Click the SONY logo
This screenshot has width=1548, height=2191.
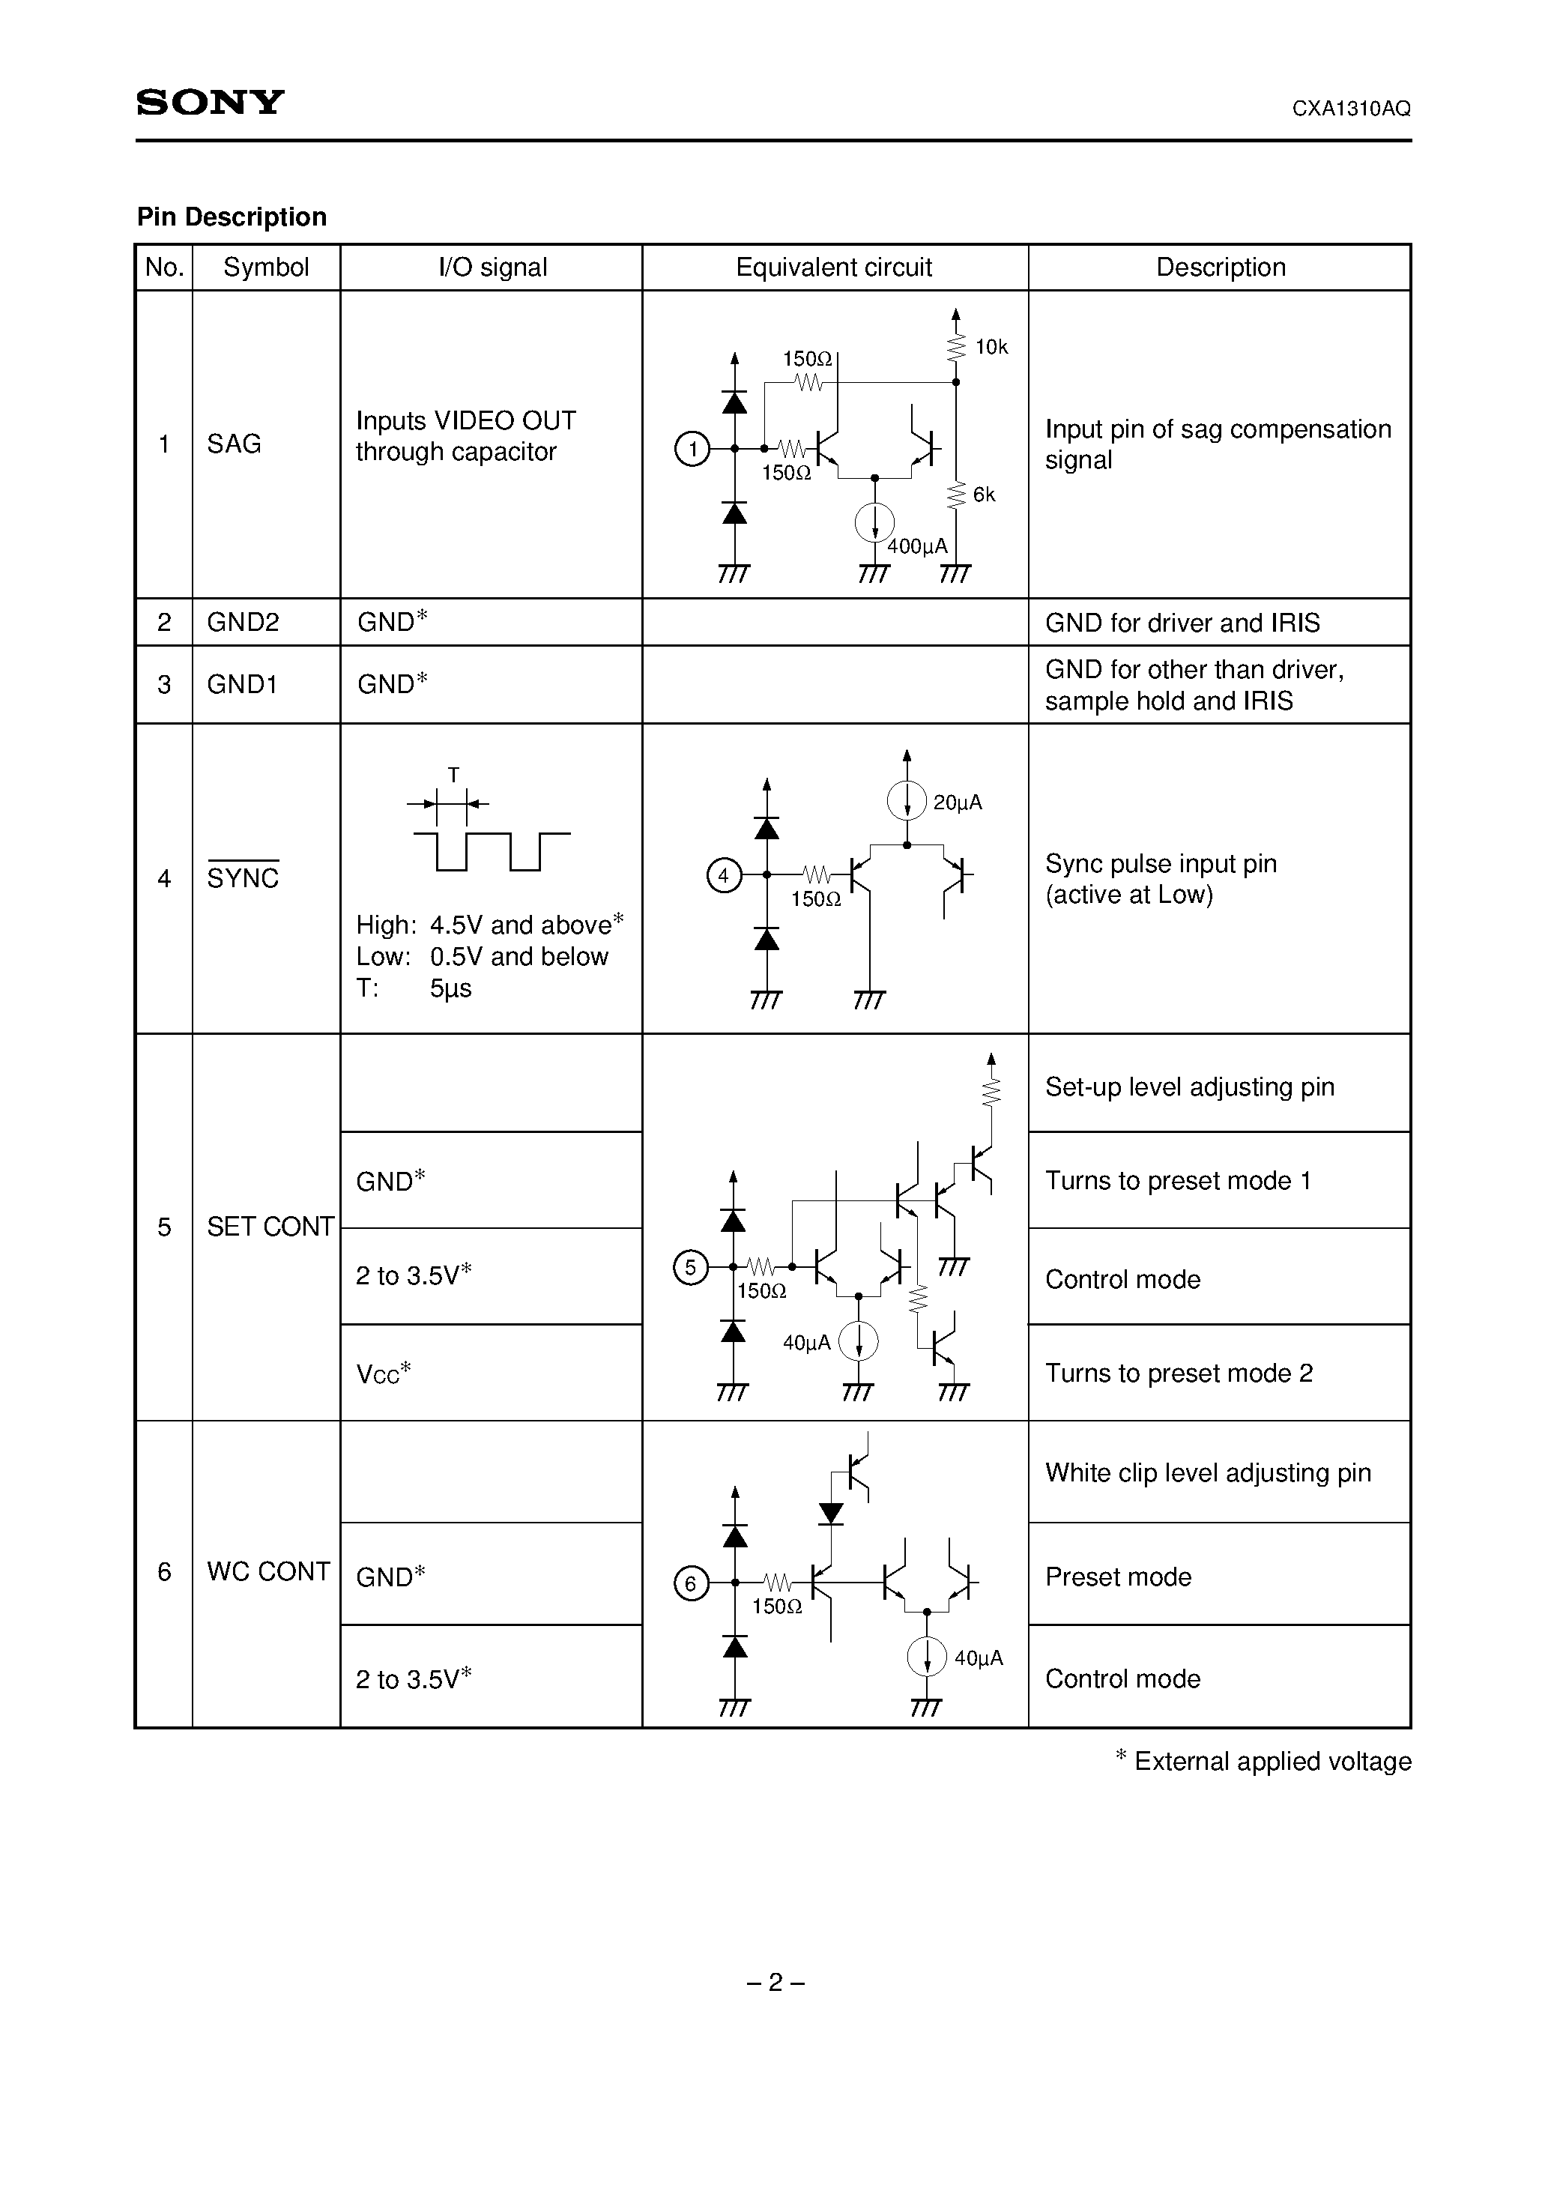(x=210, y=102)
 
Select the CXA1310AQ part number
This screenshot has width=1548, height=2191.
(x=1350, y=109)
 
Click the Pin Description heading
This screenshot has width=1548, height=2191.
(x=232, y=217)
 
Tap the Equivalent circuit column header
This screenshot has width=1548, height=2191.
(x=833, y=268)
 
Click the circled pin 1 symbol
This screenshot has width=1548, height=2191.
(x=692, y=449)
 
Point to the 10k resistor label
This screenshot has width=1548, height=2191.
(x=991, y=348)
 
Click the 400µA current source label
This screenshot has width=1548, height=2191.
(x=917, y=547)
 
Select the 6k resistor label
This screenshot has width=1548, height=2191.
(x=984, y=495)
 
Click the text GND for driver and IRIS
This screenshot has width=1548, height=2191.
(x=1182, y=623)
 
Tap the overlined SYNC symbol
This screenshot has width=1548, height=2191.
(x=244, y=878)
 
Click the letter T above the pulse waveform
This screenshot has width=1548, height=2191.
(x=453, y=775)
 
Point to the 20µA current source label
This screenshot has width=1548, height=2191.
(x=958, y=803)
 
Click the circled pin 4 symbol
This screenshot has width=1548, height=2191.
(x=723, y=875)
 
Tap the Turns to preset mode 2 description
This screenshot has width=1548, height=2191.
(x=1179, y=1373)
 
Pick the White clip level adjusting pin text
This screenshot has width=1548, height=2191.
(x=1207, y=1473)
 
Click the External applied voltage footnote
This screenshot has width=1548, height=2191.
(x=1263, y=1762)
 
